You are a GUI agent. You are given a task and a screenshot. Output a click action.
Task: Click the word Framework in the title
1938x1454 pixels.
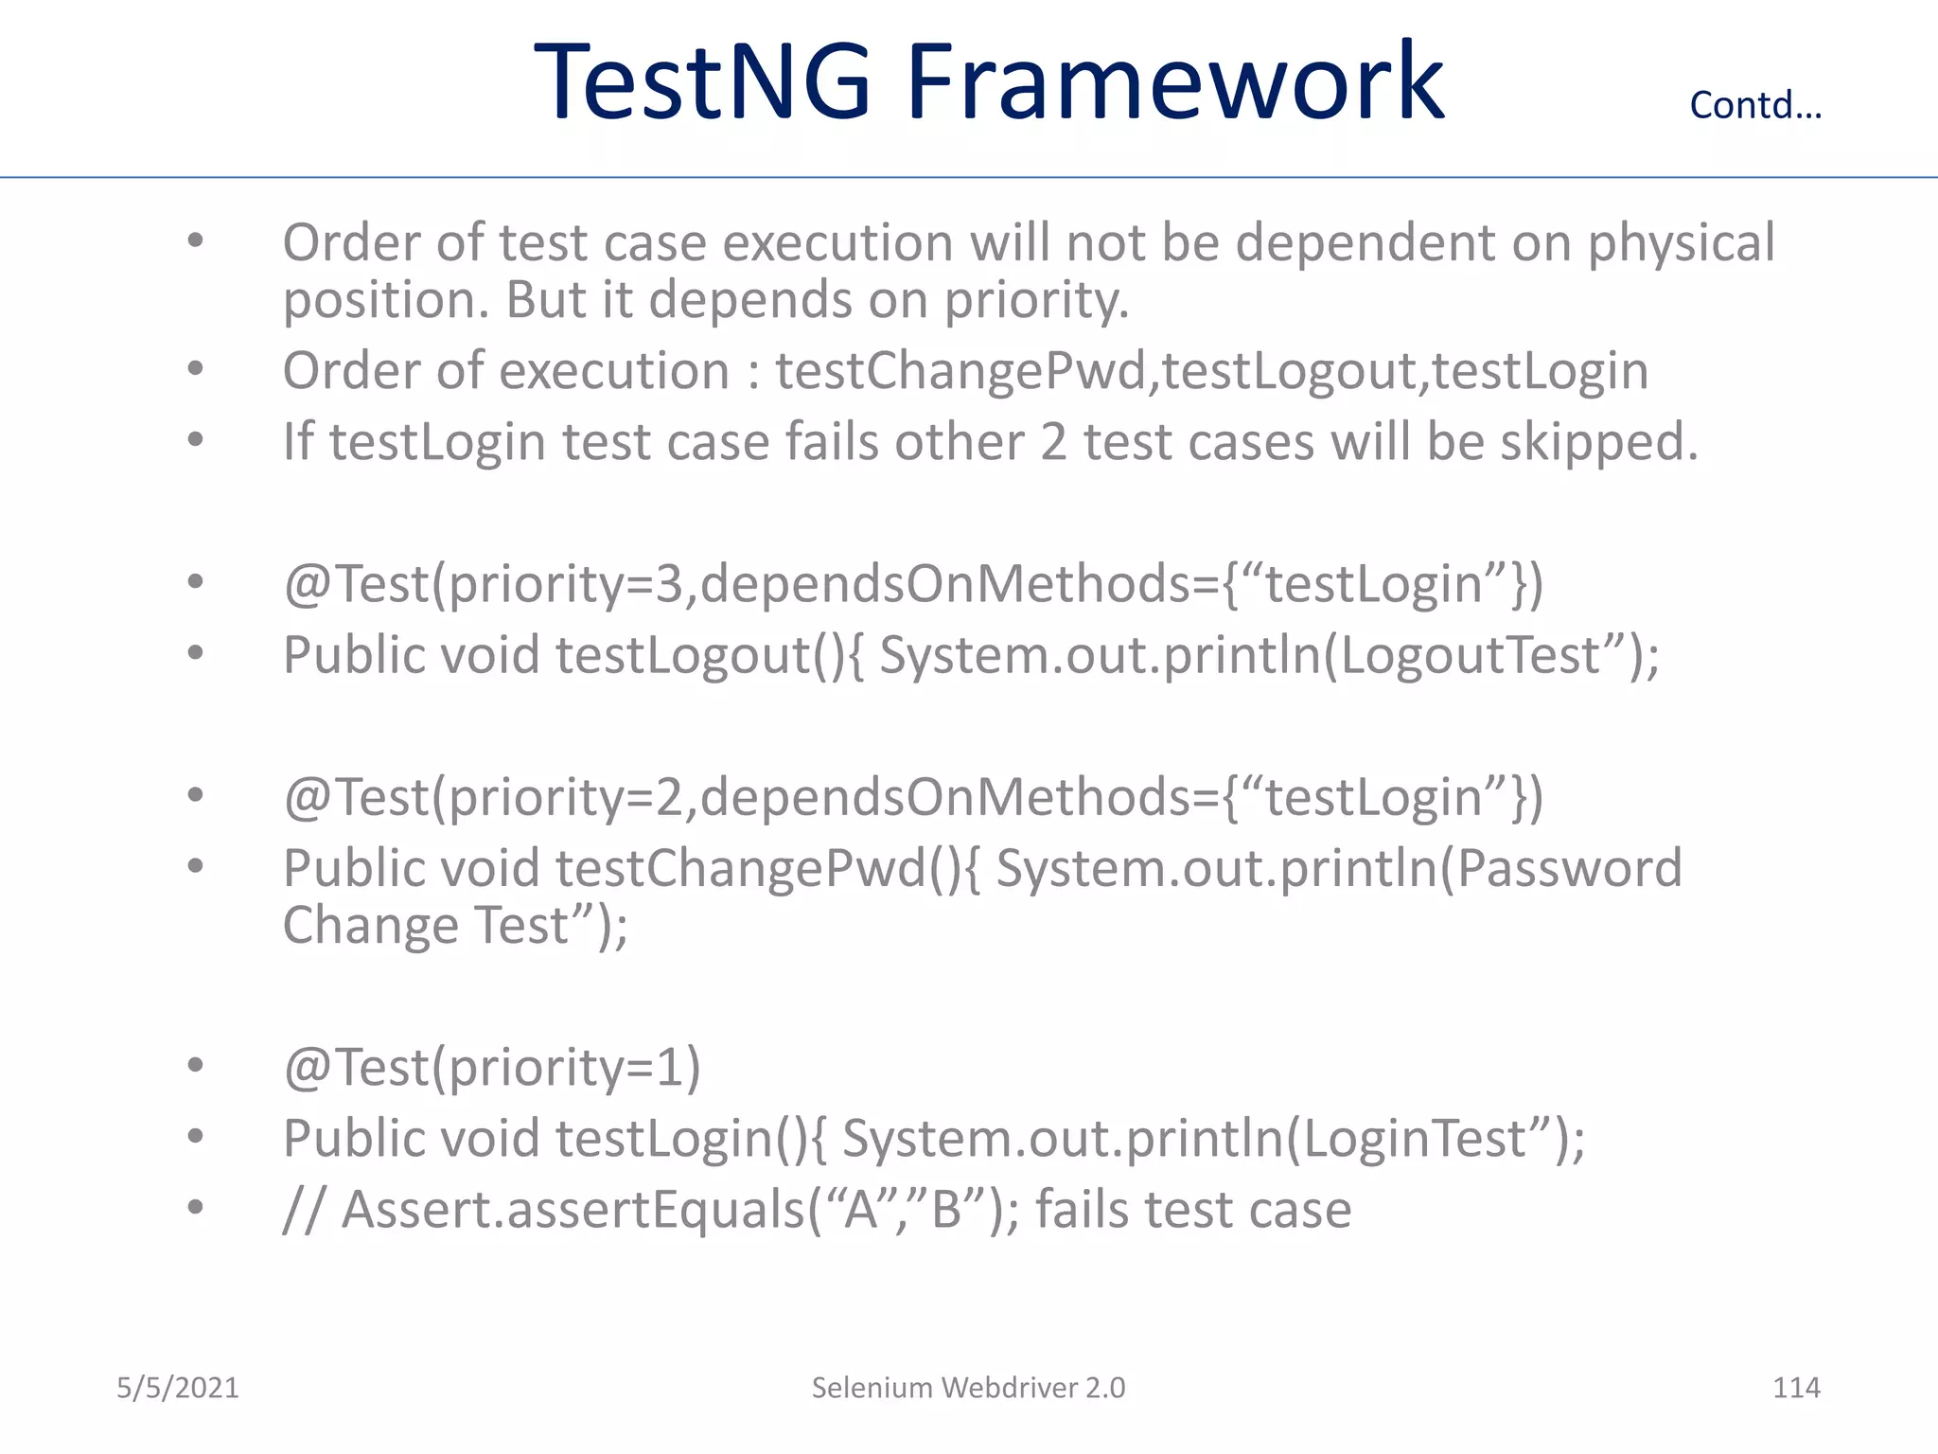coord(1175,83)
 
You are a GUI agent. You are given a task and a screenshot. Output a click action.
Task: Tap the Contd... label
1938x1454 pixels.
coord(1755,105)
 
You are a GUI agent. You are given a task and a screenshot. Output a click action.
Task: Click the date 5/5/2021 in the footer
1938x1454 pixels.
coord(178,1388)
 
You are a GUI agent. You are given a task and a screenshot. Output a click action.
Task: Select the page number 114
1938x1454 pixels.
coord(1796,1388)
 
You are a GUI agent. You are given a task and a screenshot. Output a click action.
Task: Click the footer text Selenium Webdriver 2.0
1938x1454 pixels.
coord(968,1388)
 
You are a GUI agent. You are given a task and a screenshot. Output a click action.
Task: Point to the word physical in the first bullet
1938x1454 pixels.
coord(1681,244)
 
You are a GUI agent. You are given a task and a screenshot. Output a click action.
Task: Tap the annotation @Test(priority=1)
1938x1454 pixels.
coord(492,1068)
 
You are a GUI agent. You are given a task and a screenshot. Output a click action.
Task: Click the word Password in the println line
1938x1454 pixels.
coord(1569,869)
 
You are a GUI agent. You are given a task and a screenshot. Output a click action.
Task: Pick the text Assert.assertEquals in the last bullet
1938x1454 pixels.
coord(573,1210)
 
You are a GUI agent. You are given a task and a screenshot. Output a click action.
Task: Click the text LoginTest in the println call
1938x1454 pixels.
coord(1415,1138)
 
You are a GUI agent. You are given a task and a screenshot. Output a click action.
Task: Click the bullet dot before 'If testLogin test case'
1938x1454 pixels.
coord(195,440)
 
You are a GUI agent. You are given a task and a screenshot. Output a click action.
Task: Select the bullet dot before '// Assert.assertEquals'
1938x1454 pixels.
coord(195,1208)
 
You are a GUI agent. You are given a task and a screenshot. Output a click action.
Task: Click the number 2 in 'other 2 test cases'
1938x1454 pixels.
coord(1053,443)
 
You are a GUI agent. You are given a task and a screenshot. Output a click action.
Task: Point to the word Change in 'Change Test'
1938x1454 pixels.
coord(370,926)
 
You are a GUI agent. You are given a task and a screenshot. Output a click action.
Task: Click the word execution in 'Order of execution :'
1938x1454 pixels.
coord(614,371)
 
